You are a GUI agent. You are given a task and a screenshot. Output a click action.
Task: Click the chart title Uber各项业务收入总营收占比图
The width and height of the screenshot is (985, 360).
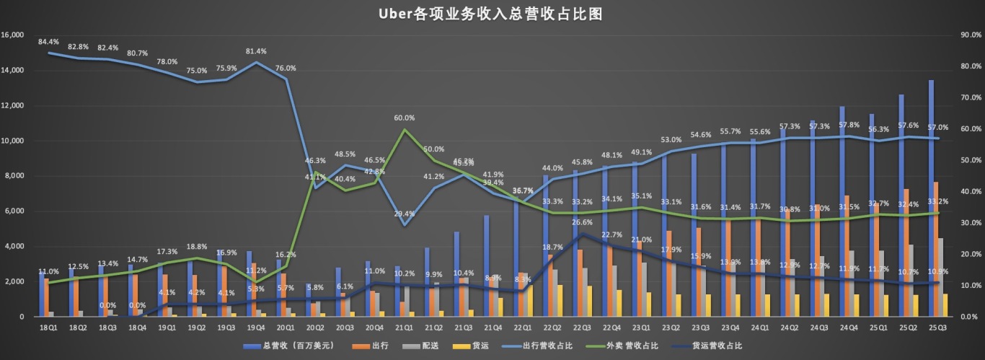point(492,13)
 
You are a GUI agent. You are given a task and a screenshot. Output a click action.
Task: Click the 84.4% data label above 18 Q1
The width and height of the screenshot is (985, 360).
point(49,42)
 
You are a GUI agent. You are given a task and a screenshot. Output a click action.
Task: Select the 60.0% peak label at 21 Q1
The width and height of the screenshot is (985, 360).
point(405,118)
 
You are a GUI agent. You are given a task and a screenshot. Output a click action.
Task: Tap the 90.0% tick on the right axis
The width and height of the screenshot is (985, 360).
point(970,35)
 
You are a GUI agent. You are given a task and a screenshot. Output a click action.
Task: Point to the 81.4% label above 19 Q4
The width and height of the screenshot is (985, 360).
point(256,51)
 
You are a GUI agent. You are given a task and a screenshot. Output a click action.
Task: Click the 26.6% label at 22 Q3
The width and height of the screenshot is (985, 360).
point(583,222)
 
